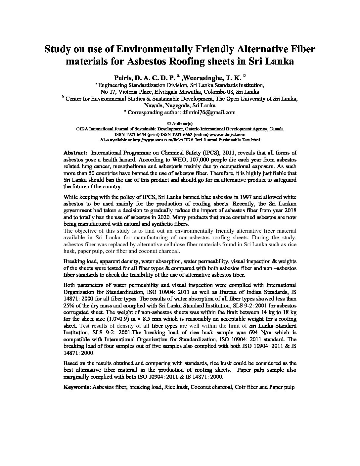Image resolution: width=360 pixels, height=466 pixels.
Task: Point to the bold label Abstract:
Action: [x=75, y=153]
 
